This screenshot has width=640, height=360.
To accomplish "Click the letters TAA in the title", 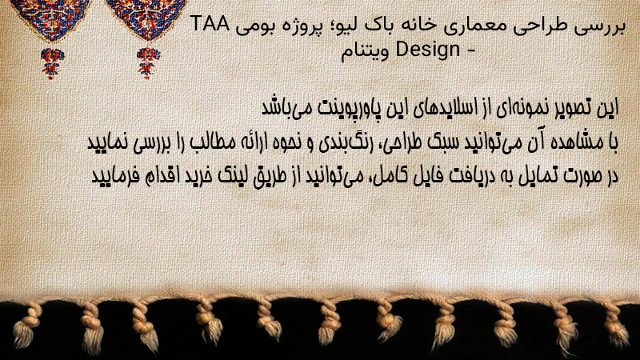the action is pos(210,24).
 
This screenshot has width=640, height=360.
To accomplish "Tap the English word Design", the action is pos(428,50).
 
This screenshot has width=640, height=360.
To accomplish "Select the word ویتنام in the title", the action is pos(366,52).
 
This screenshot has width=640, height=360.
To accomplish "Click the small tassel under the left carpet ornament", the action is pos(51,63).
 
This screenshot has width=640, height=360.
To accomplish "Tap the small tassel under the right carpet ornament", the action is pos(148,62).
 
